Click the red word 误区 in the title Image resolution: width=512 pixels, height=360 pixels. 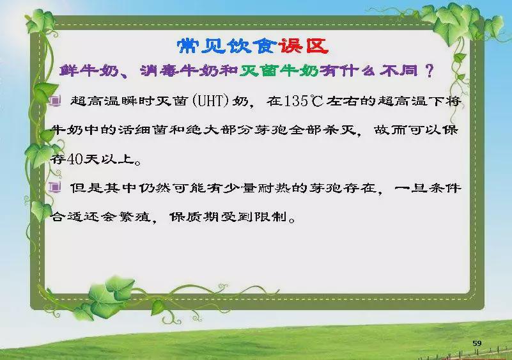tap(304, 46)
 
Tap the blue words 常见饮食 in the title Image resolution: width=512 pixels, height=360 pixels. tap(228, 46)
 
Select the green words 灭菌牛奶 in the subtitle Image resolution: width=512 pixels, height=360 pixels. tap(279, 70)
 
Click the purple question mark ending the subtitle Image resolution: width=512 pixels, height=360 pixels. tap(430, 70)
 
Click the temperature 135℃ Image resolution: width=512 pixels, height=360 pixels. tap(304, 100)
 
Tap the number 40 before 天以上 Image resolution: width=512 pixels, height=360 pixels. tap(75, 159)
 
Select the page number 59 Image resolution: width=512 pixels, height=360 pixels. tap(477, 343)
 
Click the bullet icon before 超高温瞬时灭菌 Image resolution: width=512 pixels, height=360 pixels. tap(55, 100)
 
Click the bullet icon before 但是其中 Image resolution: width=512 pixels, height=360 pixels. tap(55, 187)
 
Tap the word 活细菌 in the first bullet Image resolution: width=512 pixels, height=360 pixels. tap(143, 130)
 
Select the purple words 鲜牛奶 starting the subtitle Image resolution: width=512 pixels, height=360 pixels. tap(89, 70)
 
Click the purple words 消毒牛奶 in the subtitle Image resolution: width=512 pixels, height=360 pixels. tap(179, 70)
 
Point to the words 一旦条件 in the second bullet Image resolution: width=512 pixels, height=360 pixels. tap(428, 188)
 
